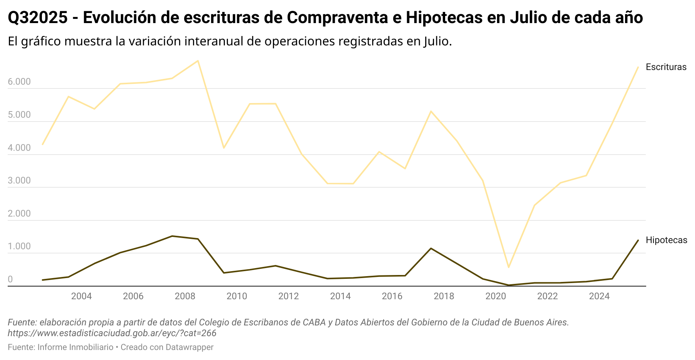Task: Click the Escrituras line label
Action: (x=666, y=67)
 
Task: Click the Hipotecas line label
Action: (x=666, y=240)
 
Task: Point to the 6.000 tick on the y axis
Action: (x=19, y=82)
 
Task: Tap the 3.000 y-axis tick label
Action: (x=19, y=181)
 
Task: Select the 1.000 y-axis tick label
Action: (x=19, y=247)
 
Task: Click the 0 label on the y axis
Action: (x=10, y=280)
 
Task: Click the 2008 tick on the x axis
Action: (x=185, y=296)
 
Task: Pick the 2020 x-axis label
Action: (x=495, y=296)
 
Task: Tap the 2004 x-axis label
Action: (x=81, y=296)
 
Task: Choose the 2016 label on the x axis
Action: (x=392, y=296)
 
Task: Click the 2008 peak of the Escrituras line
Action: (x=198, y=61)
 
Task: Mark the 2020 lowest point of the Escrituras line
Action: (x=508, y=267)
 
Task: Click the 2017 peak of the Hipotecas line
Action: (x=431, y=248)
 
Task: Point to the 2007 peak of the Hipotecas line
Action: (x=172, y=236)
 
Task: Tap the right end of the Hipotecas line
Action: (x=638, y=240)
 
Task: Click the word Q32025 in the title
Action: (x=38, y=18)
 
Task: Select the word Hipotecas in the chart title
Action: (x=444, y=18)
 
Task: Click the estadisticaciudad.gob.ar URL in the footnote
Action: (x=112, y=333)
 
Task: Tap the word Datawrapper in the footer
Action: (x=190, y=347)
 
